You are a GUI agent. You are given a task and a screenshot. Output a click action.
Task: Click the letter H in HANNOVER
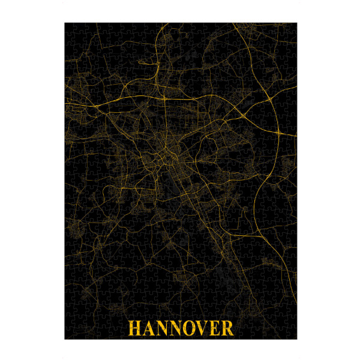134,328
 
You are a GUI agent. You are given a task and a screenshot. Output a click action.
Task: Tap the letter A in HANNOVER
148,328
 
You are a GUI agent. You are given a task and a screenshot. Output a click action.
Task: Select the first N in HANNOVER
161,328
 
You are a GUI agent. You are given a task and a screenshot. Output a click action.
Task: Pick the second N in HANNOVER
176,328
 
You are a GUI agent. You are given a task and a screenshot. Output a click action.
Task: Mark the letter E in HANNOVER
214,328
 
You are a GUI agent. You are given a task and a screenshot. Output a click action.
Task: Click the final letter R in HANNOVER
226,328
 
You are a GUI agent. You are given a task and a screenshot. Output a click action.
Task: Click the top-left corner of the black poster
65,23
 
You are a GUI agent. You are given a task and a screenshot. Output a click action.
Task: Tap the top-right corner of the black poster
296,23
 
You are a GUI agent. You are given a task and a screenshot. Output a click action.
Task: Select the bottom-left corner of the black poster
65,339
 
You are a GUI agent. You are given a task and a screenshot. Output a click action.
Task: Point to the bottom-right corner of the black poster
296,339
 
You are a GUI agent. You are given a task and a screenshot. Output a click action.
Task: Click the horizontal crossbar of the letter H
134,328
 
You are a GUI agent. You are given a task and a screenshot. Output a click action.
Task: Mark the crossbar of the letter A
148,331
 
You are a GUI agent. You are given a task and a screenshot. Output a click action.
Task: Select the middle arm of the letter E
214,328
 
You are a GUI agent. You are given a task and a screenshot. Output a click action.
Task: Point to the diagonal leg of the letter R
229,332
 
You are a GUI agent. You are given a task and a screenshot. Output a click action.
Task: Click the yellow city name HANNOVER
180,328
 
